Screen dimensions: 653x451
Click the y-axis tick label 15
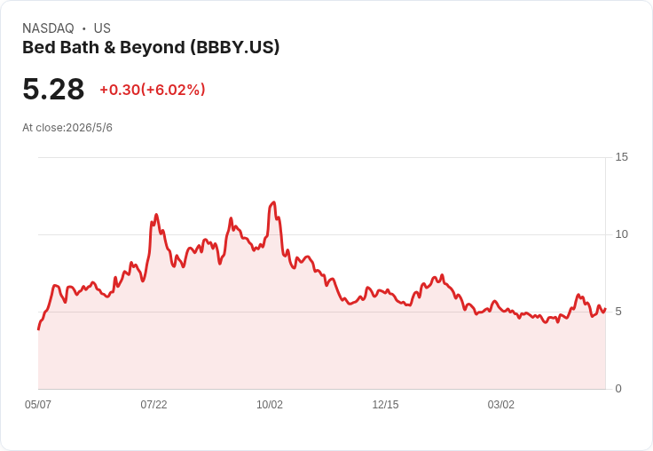tap(621, 157)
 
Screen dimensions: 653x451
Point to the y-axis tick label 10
tap(621, 234)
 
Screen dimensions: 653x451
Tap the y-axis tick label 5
tap(618, 312)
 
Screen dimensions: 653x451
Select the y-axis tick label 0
tap(618, 389)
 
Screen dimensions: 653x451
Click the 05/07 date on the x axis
tap(38, 405)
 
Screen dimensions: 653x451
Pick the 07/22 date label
tap(153, 405)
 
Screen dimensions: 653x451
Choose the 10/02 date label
tap(270, 405)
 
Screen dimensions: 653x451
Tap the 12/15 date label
tap(385, 405)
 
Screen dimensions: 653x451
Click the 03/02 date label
tap(501, 405)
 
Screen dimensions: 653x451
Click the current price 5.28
tap(53, 89)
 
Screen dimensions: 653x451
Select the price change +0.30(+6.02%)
tap(153, 90)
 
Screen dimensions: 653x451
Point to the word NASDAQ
tap(48, 28)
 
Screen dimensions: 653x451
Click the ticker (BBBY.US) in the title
tap(235, 48)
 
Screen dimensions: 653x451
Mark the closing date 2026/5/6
tap(89, 128)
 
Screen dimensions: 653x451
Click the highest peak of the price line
tap(273, 202)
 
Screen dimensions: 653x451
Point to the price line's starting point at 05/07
tap(38, 329)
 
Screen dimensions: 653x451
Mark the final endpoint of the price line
tap(605, 309)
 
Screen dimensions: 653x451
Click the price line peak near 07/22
tap(156, 215)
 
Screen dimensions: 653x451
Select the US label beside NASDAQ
tap(102, 28)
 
